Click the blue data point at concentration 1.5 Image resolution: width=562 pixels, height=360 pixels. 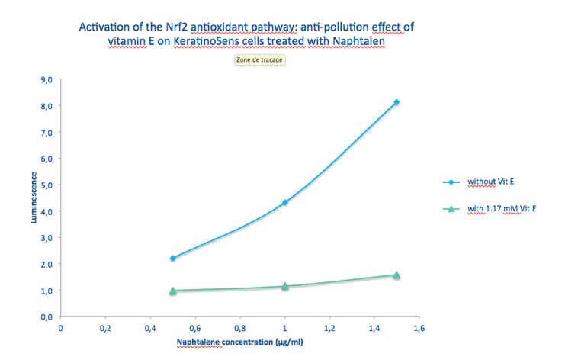coord(397,102)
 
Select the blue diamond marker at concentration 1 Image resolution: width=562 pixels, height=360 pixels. coord(284,202)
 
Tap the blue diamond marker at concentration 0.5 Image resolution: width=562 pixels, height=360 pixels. coord(173,259)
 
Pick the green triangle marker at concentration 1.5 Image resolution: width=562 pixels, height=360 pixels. coord(397,275)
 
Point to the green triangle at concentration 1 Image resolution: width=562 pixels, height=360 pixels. coord(284,286)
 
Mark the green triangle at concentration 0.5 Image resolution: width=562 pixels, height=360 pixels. coord(173,291)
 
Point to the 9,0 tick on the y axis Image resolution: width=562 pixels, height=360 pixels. coord(45,79)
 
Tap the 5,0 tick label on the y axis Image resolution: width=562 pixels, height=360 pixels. coord(45,185)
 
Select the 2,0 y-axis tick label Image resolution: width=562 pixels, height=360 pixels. coord(45,264)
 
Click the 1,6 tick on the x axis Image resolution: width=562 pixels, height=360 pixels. coord(419,328)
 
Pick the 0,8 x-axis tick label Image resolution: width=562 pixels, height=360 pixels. coord(239,328)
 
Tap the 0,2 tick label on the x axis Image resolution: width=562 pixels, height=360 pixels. coord(105,328)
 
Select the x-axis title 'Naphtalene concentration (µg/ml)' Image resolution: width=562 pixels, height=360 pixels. coord(240,342)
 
